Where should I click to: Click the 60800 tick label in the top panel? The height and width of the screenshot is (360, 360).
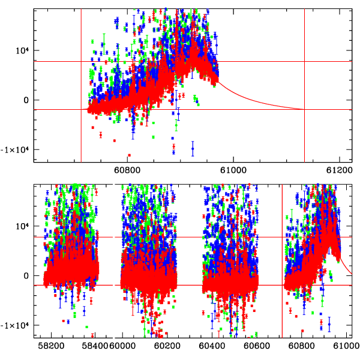tap(128, 170)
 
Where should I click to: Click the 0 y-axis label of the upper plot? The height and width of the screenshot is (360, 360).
tap(26, 100)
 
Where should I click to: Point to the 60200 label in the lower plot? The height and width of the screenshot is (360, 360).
tap(164, 346)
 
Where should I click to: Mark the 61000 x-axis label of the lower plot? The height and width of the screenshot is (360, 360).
tap(346, 346)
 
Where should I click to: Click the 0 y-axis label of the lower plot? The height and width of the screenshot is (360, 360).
tap(26, 276)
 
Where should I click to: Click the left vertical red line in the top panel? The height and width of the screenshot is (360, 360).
tap(81, 84)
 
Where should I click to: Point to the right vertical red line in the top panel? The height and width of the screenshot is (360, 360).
tap(305, 84)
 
